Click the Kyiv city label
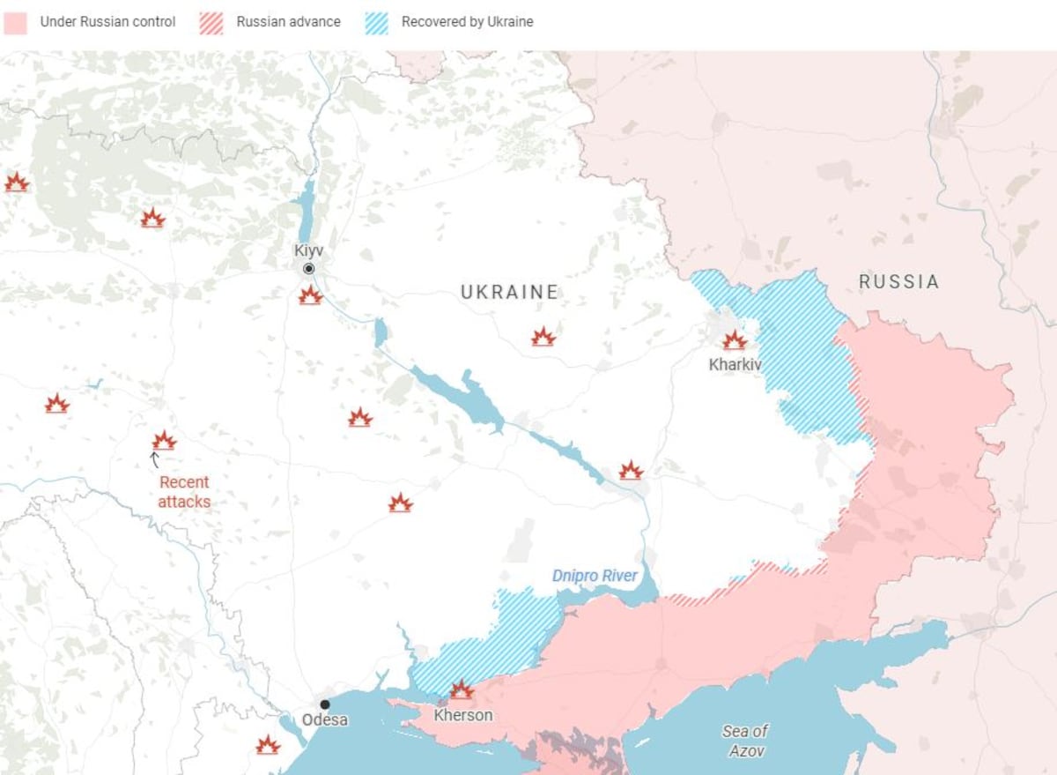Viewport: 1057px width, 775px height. coord(308,250)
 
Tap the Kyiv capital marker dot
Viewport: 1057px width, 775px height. coord(308,269)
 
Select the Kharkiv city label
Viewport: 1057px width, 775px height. coord(735,364)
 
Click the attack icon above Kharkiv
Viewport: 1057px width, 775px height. coord(735,340)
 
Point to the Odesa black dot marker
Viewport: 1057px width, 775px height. coord(325,704)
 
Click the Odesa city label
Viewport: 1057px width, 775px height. coord(325,720)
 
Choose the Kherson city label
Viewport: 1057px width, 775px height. coord(463,715)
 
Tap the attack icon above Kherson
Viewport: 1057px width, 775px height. coord(462,689)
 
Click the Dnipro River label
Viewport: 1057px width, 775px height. coord(595,576)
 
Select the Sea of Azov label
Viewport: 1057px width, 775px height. coord(745,741)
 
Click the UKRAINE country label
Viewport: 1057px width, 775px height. coord(509,292)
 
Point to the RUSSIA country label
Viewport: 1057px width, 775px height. coord(898,282)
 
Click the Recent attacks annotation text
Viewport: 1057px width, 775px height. coord(185,492)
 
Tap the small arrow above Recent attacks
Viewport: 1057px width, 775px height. coord(155,459)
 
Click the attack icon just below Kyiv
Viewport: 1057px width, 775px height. coord(310,295)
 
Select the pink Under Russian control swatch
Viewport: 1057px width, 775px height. coord(16,22)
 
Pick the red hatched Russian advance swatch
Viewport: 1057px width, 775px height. coord(211,22)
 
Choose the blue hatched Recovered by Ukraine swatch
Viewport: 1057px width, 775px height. coord(377,22)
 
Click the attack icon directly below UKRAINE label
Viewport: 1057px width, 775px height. coord(543,337)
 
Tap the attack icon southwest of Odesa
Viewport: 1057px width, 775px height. coord(268,745)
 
